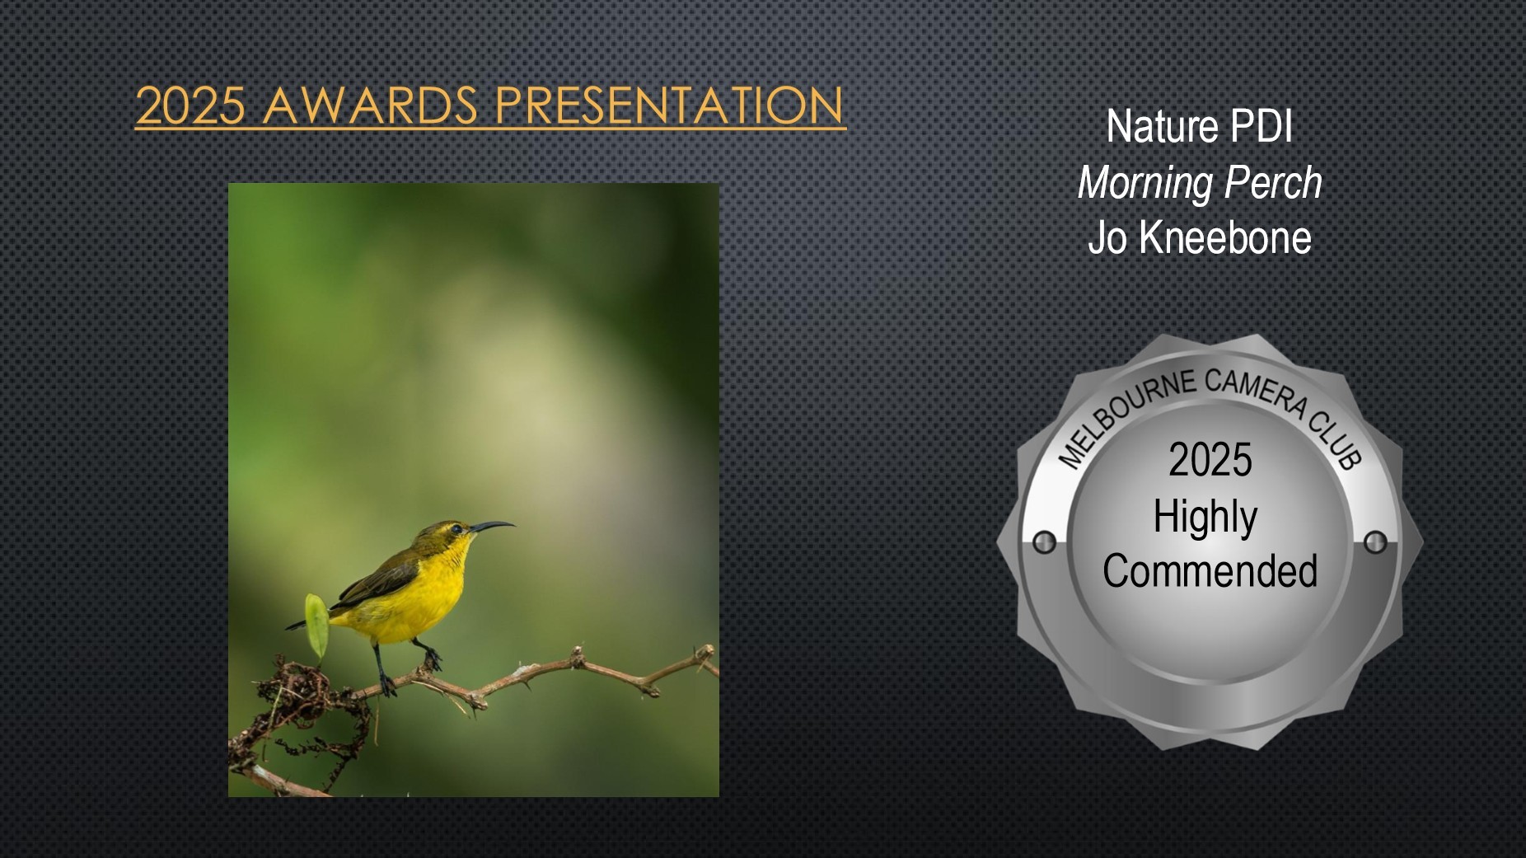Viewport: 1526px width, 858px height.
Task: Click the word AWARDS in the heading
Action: pyautogui.click(x=371, y=105)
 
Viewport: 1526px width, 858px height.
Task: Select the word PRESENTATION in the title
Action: pyautogui.click(x=670, y=105)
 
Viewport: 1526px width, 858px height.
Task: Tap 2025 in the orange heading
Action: pyautogui.click(x=190, y=105)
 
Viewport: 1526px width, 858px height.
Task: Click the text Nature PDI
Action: pyautogui.click(x=1199, y=127)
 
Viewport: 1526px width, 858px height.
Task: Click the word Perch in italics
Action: pyautogui.click(x=1273, y=183)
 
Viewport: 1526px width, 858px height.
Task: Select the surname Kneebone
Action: pyautogui.click(x=1225, y=237)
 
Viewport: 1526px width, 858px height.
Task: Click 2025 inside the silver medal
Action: pyautogui.click(x=1210, y=460)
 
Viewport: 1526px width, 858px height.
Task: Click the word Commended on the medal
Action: pyautogui.click(x=1210, y=570)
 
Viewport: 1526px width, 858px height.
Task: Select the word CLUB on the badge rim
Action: pyautogui.click(x=1336, y=441)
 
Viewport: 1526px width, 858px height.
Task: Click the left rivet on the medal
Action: pyautogui.click(x=1044, y=542)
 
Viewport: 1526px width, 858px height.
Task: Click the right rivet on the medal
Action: pyautogui.click(x=1375, y=542)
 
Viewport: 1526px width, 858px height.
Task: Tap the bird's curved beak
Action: pyautogui.click(x=493, y=526)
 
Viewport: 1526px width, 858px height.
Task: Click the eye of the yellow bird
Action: pyautogui.click(x=456, y=529)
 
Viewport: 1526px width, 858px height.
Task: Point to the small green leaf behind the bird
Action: pyautogui.click(x=316, y=624)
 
